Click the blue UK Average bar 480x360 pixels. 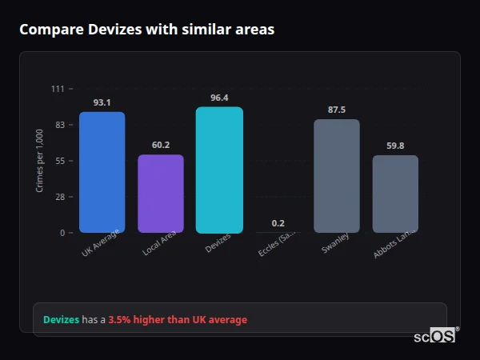[102, 172]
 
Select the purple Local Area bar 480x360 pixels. [160, 194]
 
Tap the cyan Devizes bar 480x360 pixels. [219, 170]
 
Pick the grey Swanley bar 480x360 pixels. [336, 176]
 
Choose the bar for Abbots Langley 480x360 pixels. [395, 194]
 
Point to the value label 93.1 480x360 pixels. [102, 102]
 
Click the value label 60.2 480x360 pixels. [161, 145]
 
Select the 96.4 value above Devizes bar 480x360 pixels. [219, 98]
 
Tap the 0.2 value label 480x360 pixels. [278, 223]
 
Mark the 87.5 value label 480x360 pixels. [337, 110]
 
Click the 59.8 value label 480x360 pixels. [395, 146]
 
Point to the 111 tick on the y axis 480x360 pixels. [58, 89]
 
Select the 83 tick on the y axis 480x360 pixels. [60, 125]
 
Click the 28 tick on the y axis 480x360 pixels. [60, 197]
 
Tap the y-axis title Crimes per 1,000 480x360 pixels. [40, 161]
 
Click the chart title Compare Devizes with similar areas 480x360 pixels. [146, 30]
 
